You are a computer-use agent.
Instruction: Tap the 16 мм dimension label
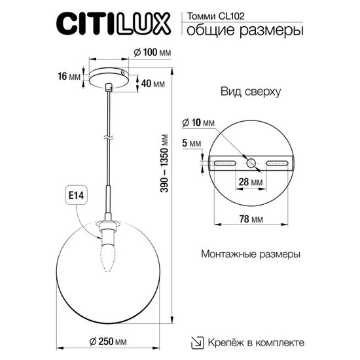pos(68,75)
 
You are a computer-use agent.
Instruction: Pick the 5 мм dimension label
pos(191,143)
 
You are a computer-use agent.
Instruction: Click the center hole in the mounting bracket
pos(251,162)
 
